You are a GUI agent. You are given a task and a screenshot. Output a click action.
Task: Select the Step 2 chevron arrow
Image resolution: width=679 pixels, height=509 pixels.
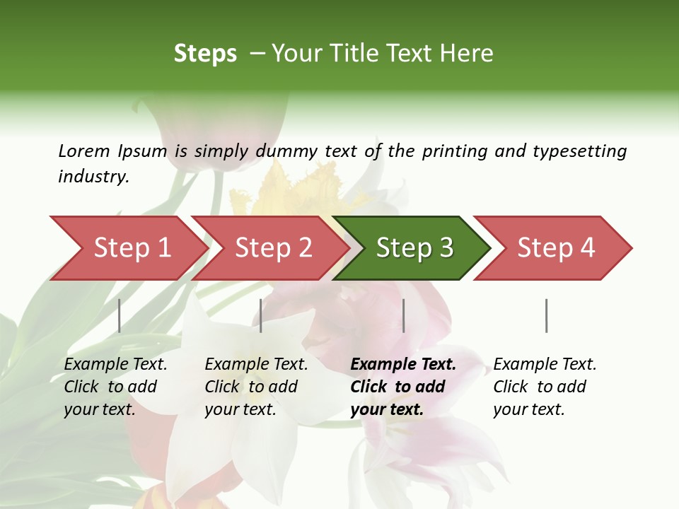[x=272, y=248]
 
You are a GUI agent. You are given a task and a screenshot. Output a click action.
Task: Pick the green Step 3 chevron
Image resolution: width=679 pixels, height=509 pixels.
[x=414, y=248]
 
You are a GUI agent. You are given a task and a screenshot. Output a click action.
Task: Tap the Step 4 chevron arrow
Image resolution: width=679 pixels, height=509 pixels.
[x=555, y=248]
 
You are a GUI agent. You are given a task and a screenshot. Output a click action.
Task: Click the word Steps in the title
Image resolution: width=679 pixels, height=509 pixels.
[x=205, y=54]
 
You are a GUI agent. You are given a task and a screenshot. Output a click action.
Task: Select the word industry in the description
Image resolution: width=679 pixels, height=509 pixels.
[x=93, y=177]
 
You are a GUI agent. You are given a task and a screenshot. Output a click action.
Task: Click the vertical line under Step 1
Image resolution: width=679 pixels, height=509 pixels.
[x=120, y=315]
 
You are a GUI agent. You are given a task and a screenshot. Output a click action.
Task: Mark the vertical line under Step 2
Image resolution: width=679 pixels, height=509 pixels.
[x=261, y=315]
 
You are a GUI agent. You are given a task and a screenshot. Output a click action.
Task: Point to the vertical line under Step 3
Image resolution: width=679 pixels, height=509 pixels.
[x=403, y=315]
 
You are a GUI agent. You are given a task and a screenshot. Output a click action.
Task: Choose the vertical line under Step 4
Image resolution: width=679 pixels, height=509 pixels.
[x=546, y=315]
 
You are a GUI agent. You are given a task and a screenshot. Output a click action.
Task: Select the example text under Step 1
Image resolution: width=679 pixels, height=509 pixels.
[x=115, y=387]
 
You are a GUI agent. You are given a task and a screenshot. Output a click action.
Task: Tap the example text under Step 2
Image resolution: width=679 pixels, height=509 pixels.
[x=256, y=387]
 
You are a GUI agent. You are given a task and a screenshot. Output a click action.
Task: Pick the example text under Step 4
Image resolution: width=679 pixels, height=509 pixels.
[x=545, y=387]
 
